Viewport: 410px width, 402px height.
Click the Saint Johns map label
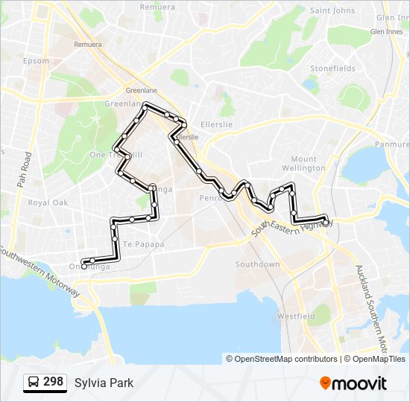(332, 10)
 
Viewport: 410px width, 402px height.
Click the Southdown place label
(257, 264)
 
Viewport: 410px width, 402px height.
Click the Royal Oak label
(48, 202)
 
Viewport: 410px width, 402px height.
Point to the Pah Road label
(23, 170)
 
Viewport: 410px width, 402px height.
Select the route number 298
(53, 382)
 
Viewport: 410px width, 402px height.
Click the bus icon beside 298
(34, 383)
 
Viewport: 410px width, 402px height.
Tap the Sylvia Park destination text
(104, 383)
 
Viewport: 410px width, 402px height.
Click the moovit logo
(353, 383)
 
